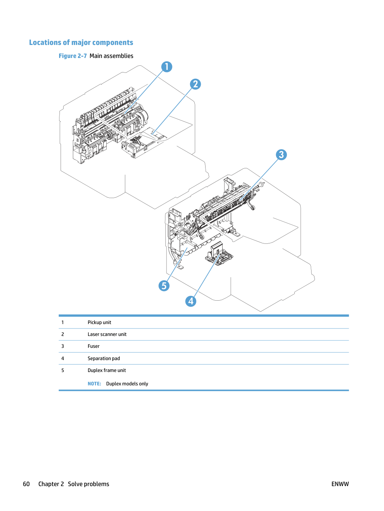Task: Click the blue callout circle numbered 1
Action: [167, 67]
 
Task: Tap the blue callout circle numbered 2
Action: [196, 84]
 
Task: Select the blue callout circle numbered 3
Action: [281, 155]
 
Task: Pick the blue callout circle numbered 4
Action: [191, 301]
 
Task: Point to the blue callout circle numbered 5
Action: [164, 286]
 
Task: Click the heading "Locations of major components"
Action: [81, 42]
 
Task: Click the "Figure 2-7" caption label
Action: [72, 56]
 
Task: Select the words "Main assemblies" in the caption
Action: [111, 56]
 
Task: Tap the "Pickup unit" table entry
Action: [99, 323]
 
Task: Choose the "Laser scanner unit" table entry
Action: [107, 334]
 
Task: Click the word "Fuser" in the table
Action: [93, 346]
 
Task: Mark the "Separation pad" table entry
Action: [104, 358]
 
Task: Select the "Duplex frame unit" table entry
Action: [107, 370]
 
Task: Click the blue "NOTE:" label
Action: [94, 384]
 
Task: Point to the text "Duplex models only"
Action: [127, 384]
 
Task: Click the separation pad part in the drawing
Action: [219, 253]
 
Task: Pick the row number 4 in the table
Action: [63, 358]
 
